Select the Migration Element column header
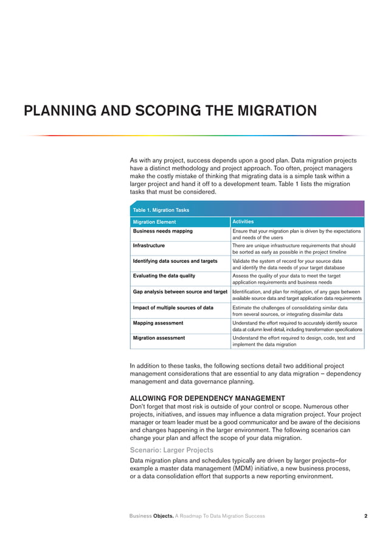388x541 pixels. coord(154,222)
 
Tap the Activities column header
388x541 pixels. coord(243,222)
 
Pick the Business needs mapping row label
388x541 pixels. coord(163,231)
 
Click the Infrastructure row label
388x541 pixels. coord(149,246)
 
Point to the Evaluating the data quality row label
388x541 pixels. coord(164,276)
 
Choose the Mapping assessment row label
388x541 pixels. coord(158,323)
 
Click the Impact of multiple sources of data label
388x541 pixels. coord(173,307)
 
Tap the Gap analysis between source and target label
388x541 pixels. coord(180,292)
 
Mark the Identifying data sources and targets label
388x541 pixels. coord(175,261)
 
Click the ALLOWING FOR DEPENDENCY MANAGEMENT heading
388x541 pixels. coord(207,398)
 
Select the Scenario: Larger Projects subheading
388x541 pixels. coord(171,450)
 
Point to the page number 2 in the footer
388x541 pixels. coord(365,516)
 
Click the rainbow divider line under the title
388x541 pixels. coord(194,135)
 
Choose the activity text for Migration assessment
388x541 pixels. coord(294,341)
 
